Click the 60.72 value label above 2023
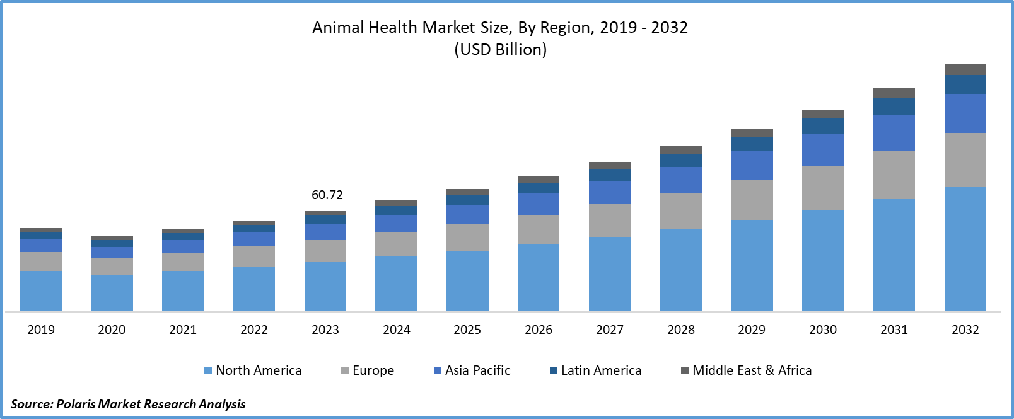327,195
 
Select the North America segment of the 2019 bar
41,291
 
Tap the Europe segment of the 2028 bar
680,210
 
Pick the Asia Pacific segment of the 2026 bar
539,204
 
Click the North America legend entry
253,370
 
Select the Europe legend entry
368,370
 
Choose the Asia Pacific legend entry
472,370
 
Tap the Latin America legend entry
596,370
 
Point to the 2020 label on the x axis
112,330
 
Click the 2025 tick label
467,330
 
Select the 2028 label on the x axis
680,330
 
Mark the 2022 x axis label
254,330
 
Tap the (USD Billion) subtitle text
500,50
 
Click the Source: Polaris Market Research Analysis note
128,404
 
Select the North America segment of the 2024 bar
396,284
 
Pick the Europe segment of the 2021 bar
183,261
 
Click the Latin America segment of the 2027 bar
609,175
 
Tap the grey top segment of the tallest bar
965,69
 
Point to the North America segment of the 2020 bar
112,293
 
